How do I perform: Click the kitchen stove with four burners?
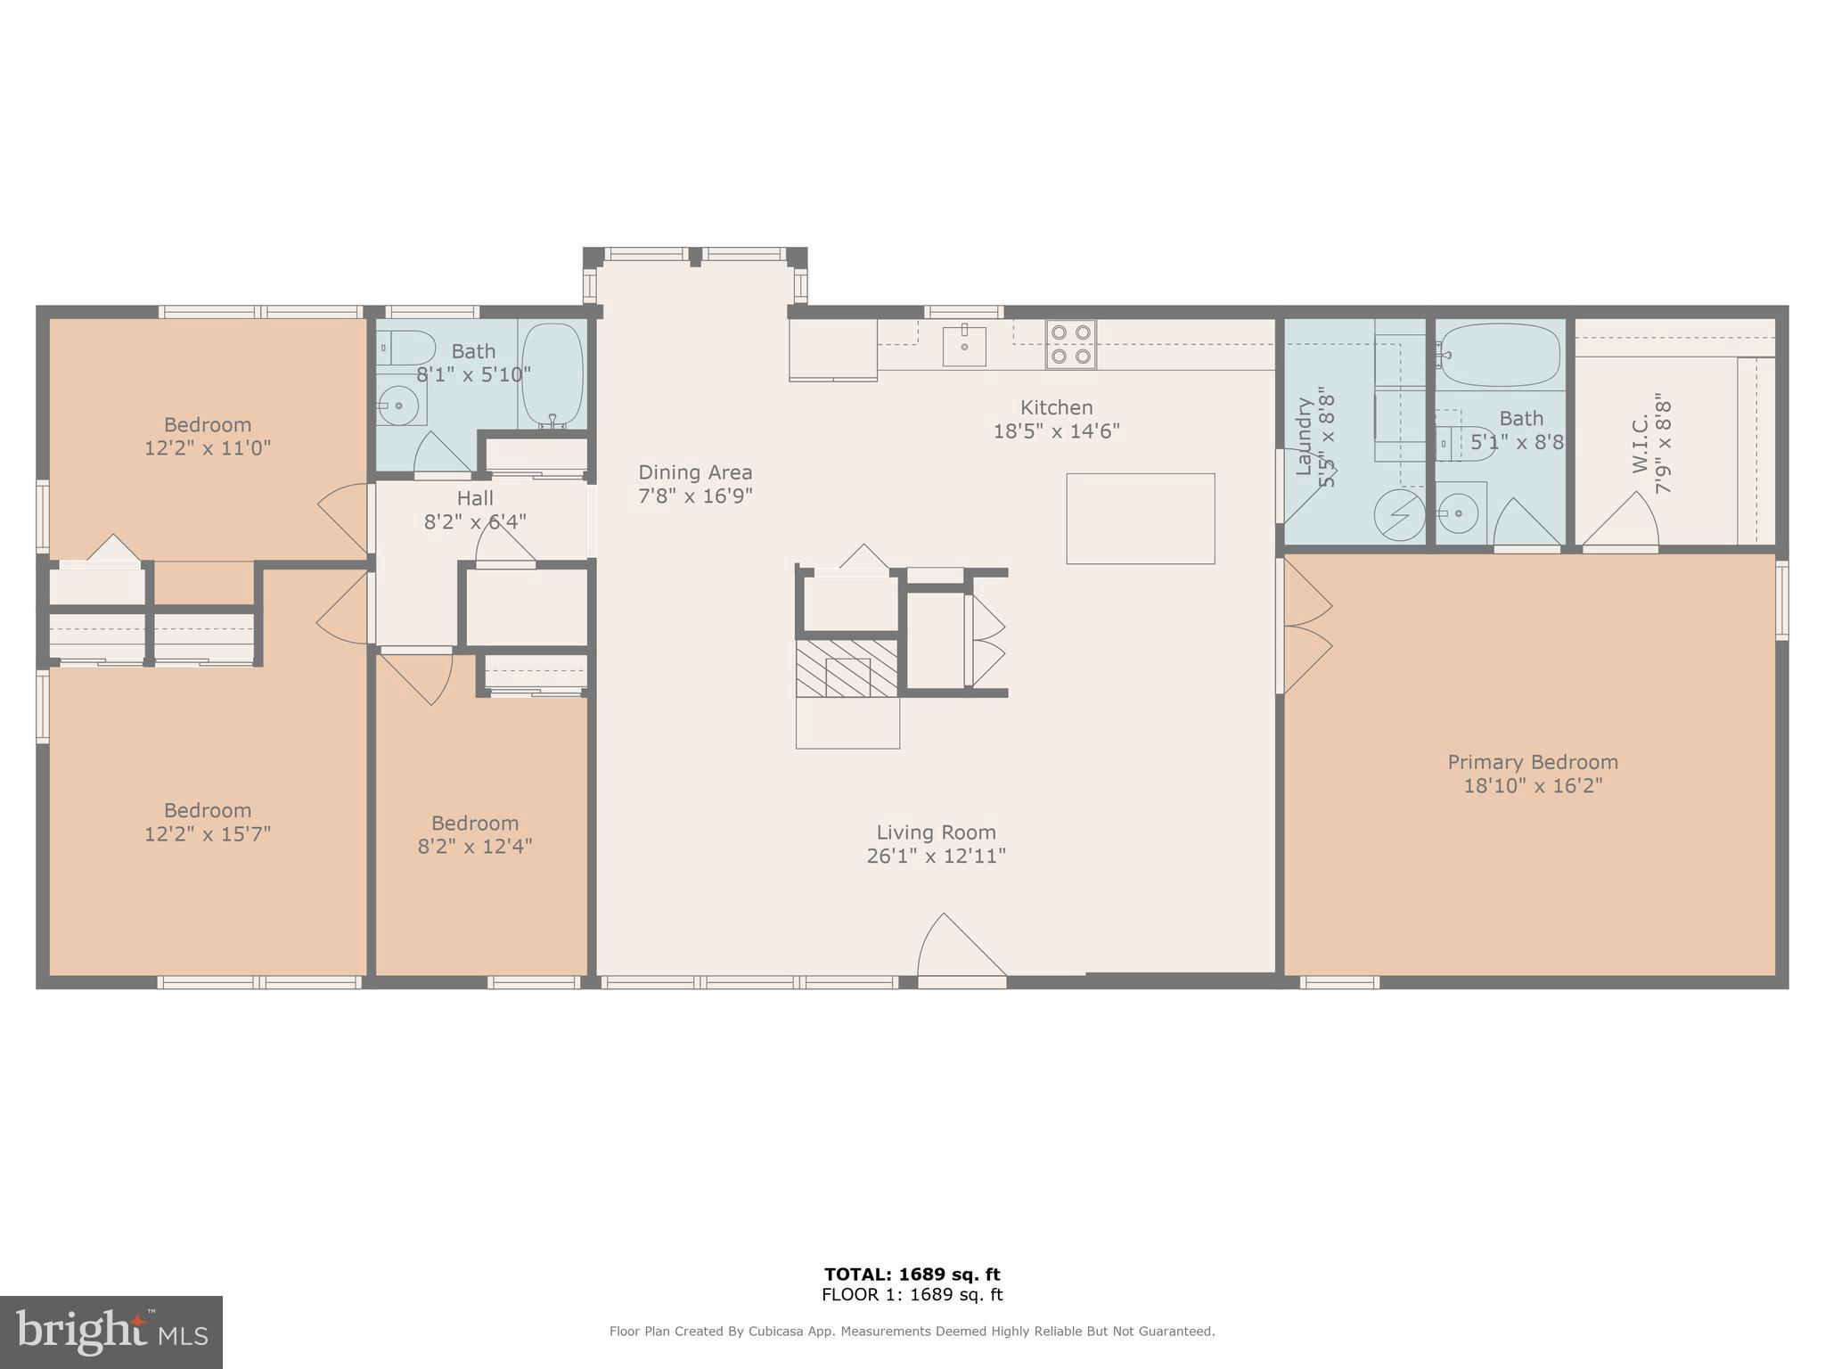(1070, 344)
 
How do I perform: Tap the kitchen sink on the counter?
(964, 346)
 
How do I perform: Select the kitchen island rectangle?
(1141, 519)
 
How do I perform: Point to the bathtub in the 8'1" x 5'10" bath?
(552, 374)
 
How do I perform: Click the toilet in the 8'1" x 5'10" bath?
(405, 347)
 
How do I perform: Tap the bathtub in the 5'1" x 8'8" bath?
(1500, 354)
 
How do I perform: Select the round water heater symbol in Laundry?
(1399, 514)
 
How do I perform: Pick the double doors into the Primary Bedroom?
(1305, 627)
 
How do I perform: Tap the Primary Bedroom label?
(1533, 762)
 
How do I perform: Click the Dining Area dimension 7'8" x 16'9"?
(695, 496)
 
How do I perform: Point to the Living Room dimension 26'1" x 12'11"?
(936, 856)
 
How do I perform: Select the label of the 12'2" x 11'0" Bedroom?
(208, 424)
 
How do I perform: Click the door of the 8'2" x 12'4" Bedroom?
(417, 677)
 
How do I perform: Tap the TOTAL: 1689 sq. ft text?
(912, 1275)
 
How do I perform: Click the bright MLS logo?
(110, 1332)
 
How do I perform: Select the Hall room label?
(475, 498)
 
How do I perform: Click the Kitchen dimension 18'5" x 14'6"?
(1056, 431)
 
